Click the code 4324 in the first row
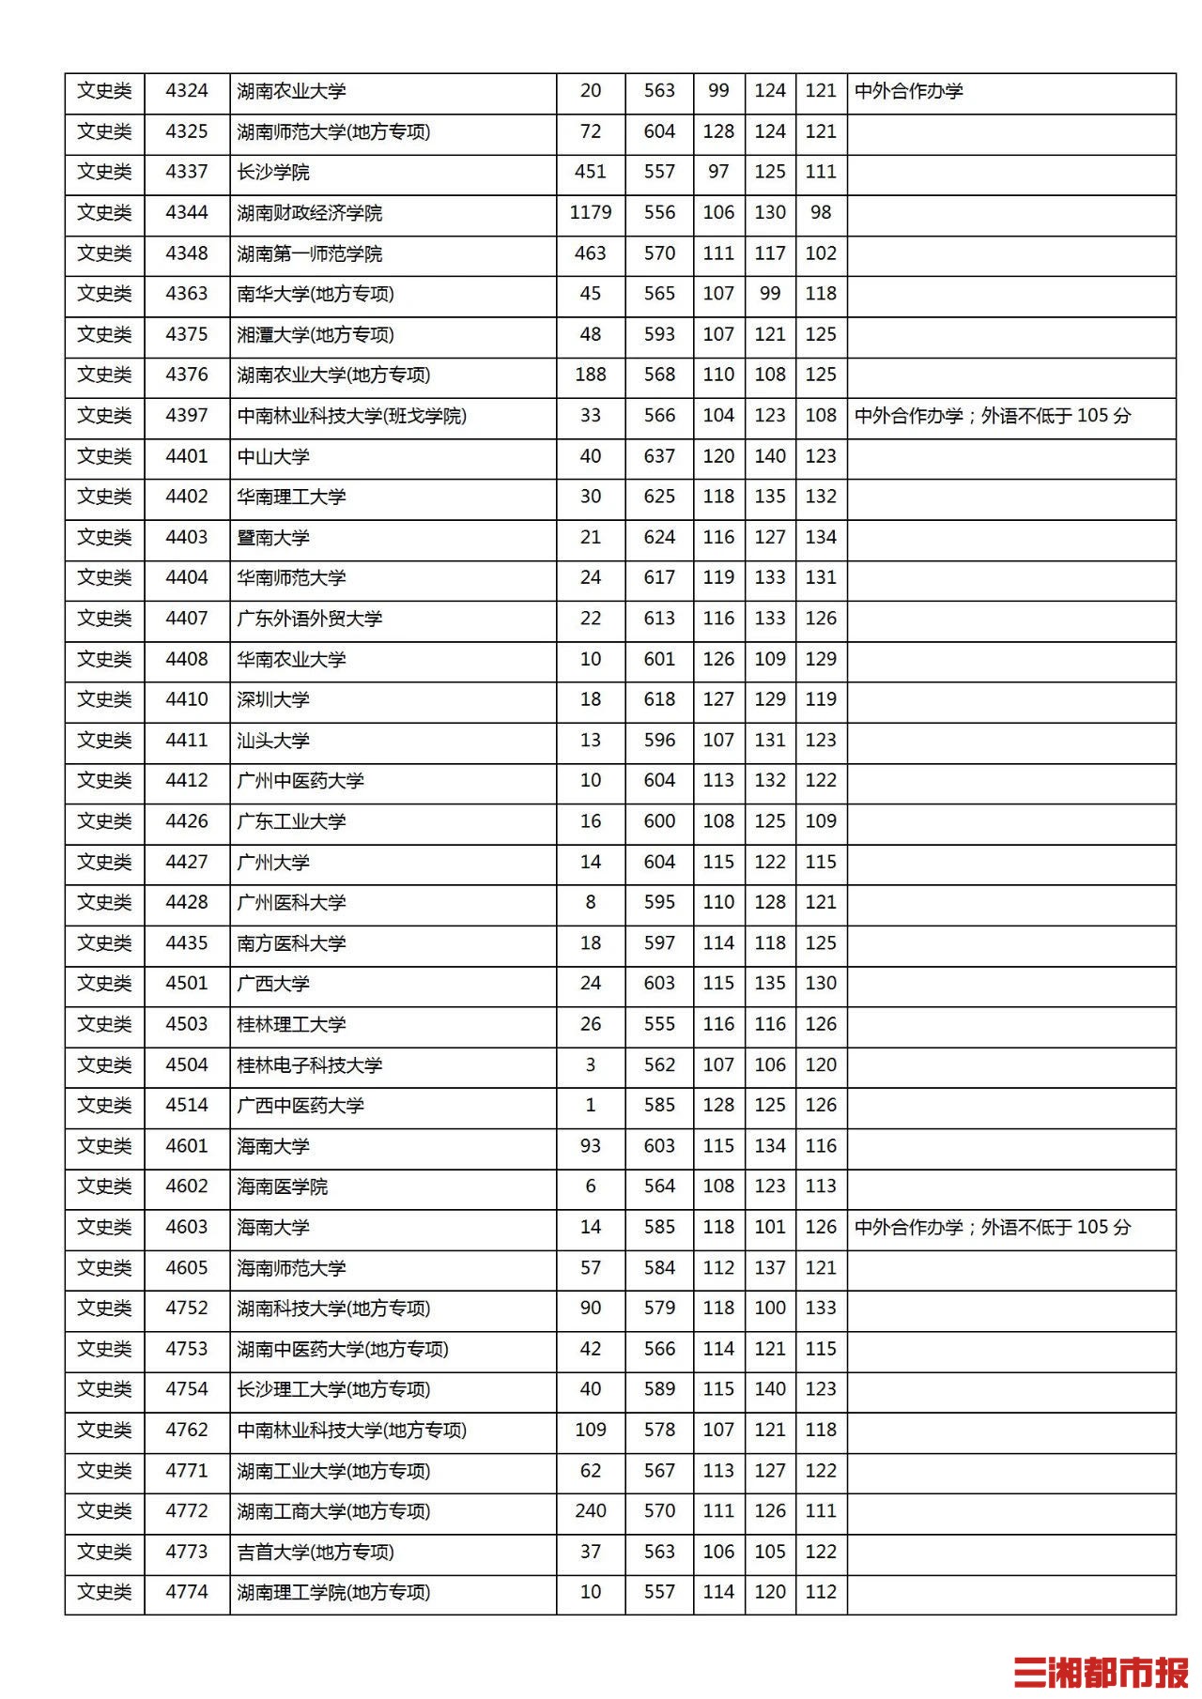pos(187,91)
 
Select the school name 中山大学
pos(273,456)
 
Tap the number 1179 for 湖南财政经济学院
pos(590,213)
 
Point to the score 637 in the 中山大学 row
pos(659,456)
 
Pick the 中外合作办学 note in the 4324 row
pos(909,91)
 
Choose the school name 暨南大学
pos(273,538)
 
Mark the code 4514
pos(187,1105)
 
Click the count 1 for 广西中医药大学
pos(590,1105)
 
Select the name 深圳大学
pos(273,699)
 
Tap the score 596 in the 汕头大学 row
pos(659,740)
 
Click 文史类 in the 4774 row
pos(104,1592)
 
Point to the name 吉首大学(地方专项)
pos(316,1552)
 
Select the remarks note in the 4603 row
pos(993,1227)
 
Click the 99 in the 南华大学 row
pos(770,294)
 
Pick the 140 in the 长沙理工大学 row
pos(770,1389)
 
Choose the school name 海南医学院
pos(283,1186)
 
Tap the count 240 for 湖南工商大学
pos(590,1511)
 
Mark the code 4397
pos(187,416)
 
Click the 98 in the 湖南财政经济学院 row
pos(821,213)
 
